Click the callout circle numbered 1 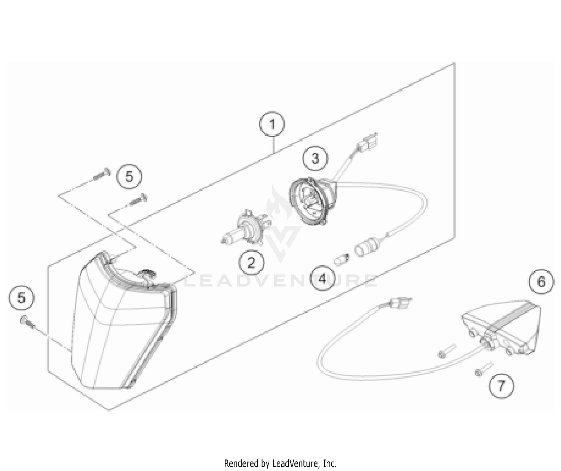272,124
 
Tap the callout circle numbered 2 251,262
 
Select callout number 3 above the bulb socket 315,158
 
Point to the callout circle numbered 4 322,278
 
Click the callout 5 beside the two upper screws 129,176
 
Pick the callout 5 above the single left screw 22,298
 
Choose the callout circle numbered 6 542,281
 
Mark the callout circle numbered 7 501,385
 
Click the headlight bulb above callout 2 245,227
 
